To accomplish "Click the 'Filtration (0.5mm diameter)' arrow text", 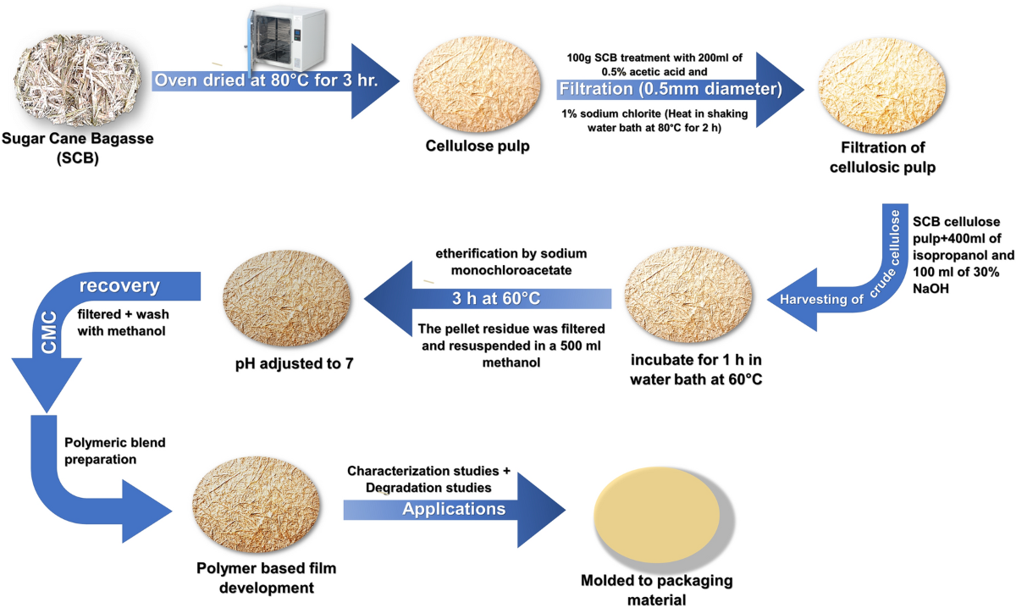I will click(669, 88).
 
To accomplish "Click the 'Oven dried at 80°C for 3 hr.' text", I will click(265, 81).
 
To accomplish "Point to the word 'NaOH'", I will click(932, 294).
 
